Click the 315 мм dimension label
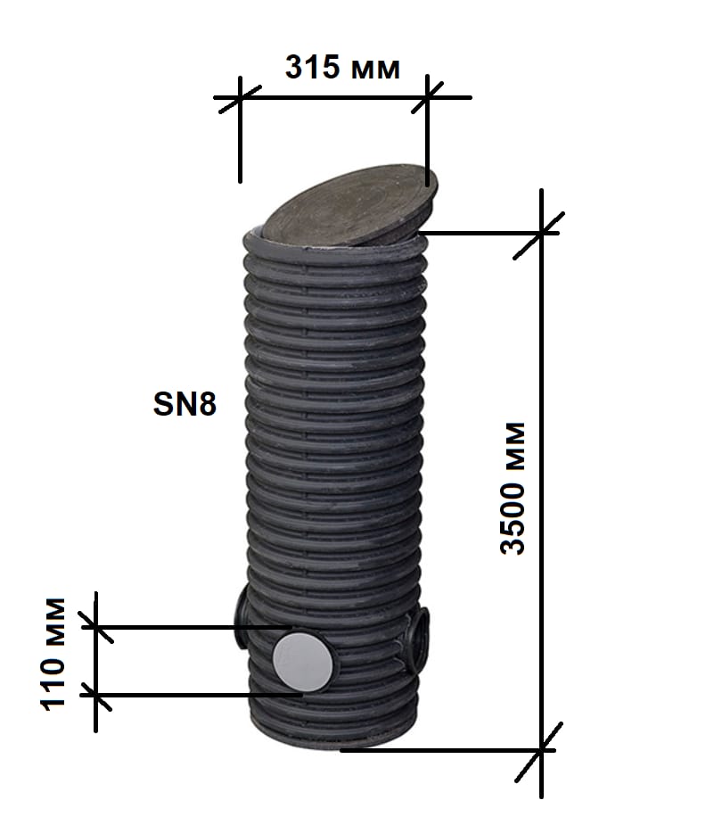click(342, 68)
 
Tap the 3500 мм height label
click(513, 488)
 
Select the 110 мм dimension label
click(53, 654)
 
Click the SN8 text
click(185, 404)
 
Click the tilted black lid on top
click(349, 206)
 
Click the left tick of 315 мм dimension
click(240, 98)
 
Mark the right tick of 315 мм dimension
click(427, 97)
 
